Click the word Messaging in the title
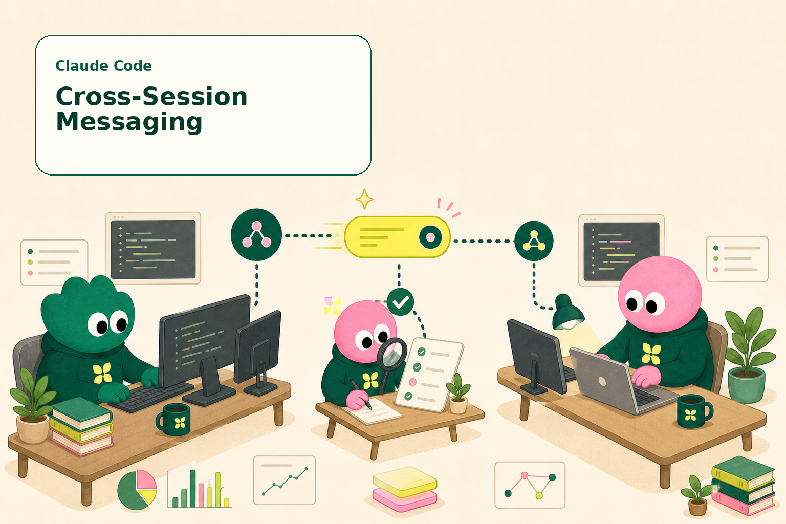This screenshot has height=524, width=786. pyautogui.click(x=129, y=122)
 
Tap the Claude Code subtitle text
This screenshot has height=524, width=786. pyautogui.click(x=103, y=65)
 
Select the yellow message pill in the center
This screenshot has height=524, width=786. pyautogui.click(x=397, y=237)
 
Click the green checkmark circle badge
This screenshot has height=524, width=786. pyautogui.click(x=400, y=302)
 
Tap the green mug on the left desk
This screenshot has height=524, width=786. pyautogui.click(x=173, y=420)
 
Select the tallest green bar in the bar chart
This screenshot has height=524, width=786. pyautogui.click(x=192, y=488)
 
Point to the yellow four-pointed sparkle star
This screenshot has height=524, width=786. pyautogui.click(x=364, y=199)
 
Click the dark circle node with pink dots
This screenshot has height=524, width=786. pyautogui.click(x=256, y=234)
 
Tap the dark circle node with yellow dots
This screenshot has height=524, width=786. pyautogui.click(x=534, y=241)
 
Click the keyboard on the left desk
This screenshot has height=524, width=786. pyautogui.click(x=151, y=396)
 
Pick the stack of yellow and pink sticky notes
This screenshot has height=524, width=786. pyautogui.click(x=405, y=489)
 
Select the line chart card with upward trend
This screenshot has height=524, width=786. pyautogui.click(x=284, y=480)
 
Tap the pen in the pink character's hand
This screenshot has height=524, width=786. pyautogui.click(x=360, y=394)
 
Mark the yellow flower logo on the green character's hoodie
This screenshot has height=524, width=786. pyautogui.click(x=102, y=373)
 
